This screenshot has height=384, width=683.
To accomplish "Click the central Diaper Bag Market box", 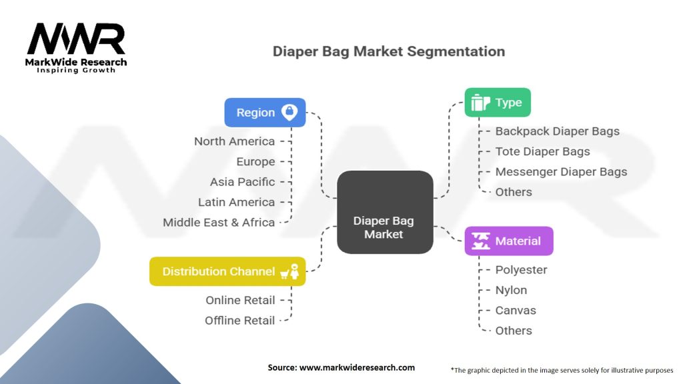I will coord(384,212).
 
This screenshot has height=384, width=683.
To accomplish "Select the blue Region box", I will coord(265,113).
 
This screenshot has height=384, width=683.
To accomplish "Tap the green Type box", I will coord(497,103).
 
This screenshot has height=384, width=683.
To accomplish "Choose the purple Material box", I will coord(508,241).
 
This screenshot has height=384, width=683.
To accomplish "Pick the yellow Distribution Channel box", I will coord(227,271).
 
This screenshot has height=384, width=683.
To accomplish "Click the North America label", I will coord(234,141).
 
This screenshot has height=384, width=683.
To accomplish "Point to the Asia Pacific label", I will coord(242,182).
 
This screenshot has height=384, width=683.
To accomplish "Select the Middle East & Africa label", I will coord(219,222).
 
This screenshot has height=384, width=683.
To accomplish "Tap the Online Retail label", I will coord(240,300).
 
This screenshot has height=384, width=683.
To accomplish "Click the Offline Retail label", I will coord(239,320).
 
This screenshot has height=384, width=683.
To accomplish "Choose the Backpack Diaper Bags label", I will coord(557,131).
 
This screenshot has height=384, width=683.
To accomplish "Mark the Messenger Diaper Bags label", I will coord(561,171).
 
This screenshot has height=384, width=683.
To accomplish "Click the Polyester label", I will coord(521,270).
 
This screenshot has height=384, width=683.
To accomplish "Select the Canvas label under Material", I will coord(516,310).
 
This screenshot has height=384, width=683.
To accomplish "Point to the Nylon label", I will coord(511,290).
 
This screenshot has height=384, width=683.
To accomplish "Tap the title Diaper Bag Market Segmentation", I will coord(389,51).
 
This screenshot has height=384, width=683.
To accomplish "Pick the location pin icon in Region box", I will coord(289,112).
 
